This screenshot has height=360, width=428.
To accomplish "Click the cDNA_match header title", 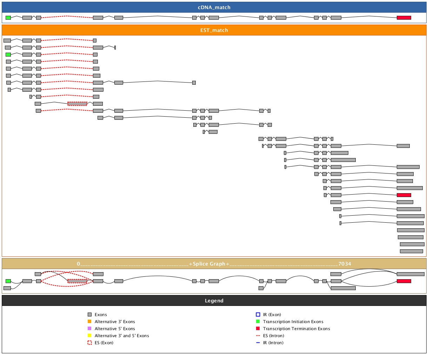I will point(214,7).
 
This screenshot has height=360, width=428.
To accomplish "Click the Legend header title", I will point(214,301).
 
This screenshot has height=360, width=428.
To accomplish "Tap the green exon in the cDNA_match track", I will point(8,18).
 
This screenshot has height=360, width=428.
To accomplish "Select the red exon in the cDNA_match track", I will point(404,18).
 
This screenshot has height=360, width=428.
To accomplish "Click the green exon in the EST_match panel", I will point(8,54).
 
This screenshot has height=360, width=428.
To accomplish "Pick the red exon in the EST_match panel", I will point(404,195).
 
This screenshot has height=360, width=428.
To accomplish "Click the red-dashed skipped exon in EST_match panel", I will point(77,104).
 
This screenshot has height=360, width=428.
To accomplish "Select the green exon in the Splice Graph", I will point(8,281).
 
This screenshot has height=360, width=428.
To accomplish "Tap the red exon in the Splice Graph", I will point(404,281).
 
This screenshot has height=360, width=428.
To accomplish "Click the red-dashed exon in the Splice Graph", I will point(77,281).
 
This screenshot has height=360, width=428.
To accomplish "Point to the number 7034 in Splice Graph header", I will point(345,264).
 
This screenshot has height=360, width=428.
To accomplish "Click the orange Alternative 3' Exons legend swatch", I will point(89,321).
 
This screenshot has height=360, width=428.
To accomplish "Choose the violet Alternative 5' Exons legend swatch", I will point(89,328).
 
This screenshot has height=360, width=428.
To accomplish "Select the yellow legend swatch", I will point(89,335).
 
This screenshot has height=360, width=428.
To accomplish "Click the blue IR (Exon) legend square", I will point(258,314).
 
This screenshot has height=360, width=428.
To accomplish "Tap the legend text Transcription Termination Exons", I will point(296,329).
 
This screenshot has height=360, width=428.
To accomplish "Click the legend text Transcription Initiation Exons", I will point(293,322).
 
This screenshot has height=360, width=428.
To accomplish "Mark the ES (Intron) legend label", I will point(273,336).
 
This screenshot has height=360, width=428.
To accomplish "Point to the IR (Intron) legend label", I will point(273,343).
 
